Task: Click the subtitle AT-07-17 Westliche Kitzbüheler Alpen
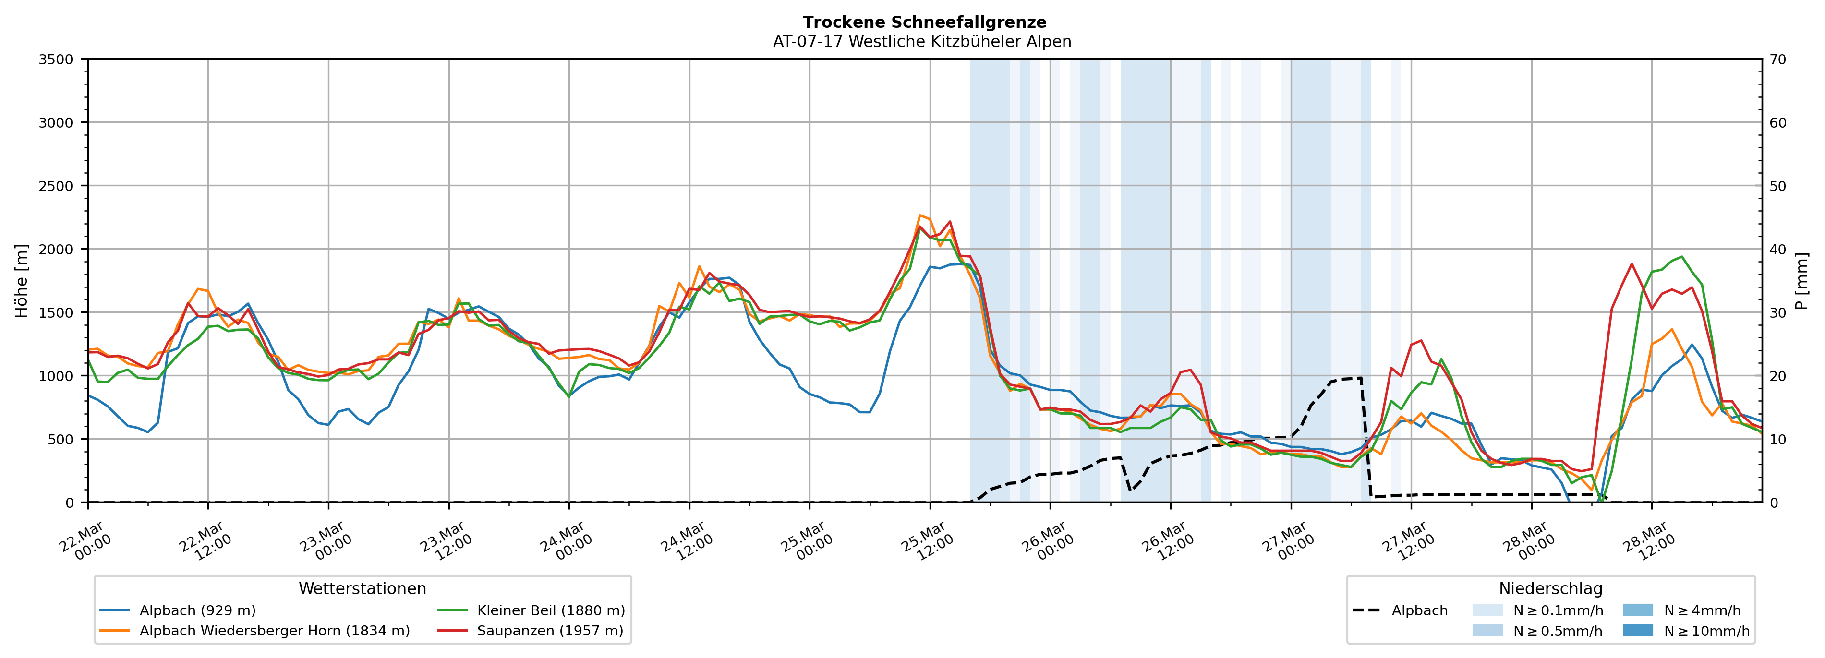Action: pos(922,42)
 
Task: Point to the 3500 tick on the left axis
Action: pos(56,60)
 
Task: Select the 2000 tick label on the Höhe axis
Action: pos(56,249)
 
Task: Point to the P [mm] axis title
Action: pos(1801,281)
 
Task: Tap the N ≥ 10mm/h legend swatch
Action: pos(1637,630)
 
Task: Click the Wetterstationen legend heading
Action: pos(362,588)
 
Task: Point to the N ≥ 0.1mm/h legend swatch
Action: pos(1487,610)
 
